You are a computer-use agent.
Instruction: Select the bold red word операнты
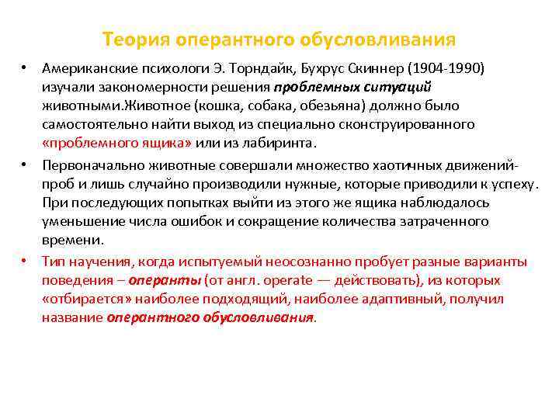[164, 280]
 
